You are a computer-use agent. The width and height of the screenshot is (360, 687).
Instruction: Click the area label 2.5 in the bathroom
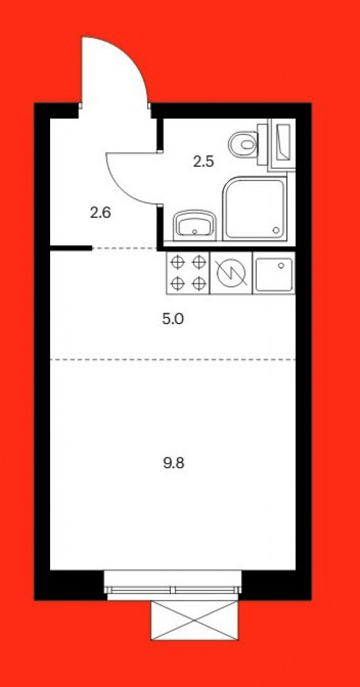[204, 161]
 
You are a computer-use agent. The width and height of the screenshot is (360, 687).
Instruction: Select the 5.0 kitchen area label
[173, 319]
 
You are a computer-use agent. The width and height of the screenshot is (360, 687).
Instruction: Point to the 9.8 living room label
[174, 463]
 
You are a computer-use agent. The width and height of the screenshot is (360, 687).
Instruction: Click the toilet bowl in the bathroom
[243, 144]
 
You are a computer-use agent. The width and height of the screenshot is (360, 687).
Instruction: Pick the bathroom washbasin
[195, 225]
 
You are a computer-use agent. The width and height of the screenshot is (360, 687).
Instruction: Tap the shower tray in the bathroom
[255, 209]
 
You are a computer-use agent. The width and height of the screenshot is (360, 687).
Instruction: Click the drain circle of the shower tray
[276, 230]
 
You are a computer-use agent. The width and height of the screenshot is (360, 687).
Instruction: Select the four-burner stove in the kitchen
[188, 273]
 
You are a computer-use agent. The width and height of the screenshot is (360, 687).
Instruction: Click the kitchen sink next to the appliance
[274, 273]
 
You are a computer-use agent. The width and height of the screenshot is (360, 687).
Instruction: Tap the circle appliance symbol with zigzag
[231, 273]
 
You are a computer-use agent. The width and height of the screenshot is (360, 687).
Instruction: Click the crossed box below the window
[195, 620]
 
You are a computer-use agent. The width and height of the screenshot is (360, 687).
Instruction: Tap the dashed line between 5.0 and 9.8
[173, 359]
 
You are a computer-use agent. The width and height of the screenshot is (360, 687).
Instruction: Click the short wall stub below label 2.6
[71, 249]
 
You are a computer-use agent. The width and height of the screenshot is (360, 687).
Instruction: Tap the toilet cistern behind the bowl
[262, 144]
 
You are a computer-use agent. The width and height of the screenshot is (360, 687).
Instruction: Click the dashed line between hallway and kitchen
[124, 249]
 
